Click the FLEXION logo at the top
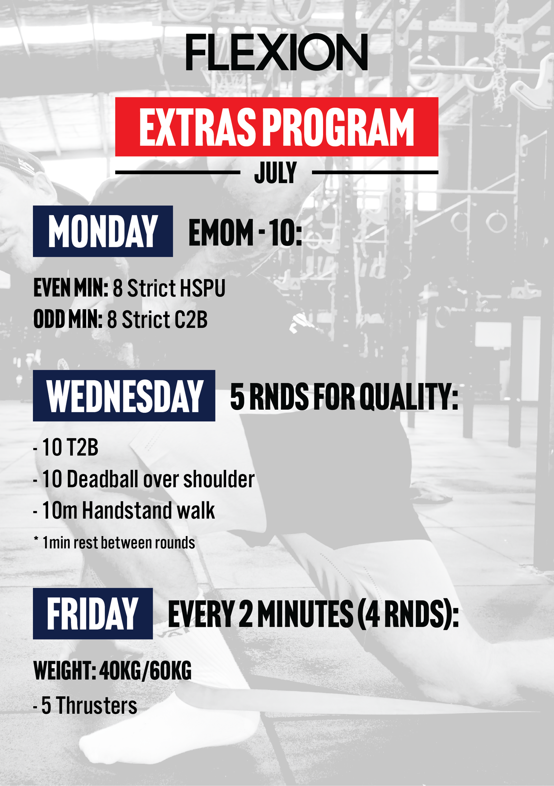(277, 52)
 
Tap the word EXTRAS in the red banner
(197, 127)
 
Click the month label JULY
(276, 172)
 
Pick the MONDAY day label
(103, 231)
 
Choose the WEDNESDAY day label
(124, 396)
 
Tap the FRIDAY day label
(93, 614)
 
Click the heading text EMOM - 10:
(245, 232)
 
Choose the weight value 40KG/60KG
(145, 670)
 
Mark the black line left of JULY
(178, 172)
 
